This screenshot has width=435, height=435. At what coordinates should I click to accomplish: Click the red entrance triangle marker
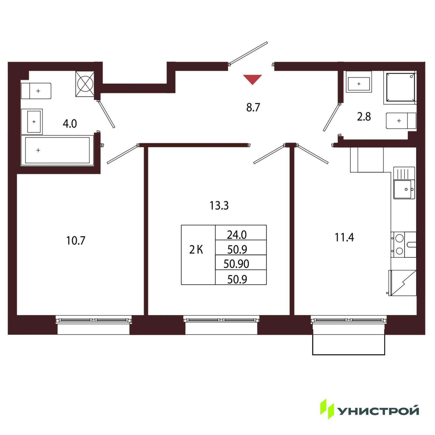tap(252, 79)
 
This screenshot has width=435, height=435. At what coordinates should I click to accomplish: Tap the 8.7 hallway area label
tap(253, 108)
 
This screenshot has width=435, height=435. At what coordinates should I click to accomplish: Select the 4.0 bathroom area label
tap(70, 124)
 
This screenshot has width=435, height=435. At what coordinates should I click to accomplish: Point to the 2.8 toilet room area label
tap(364, 117)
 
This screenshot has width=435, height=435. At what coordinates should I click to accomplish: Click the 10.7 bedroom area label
tap(76, 241)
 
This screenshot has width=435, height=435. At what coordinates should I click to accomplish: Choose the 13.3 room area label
tap(219, 206)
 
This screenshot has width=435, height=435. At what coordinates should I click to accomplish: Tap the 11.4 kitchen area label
tap(344, 237)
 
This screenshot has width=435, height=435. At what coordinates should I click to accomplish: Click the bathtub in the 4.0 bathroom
tap(57, 150)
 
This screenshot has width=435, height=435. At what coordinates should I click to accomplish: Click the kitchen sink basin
tap(404, 189)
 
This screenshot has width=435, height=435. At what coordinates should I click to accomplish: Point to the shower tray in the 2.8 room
tap(400, 87)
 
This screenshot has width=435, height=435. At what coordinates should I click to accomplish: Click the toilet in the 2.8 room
tap(401, 121)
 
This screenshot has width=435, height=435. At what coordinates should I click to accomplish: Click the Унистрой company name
tap(379, 411)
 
